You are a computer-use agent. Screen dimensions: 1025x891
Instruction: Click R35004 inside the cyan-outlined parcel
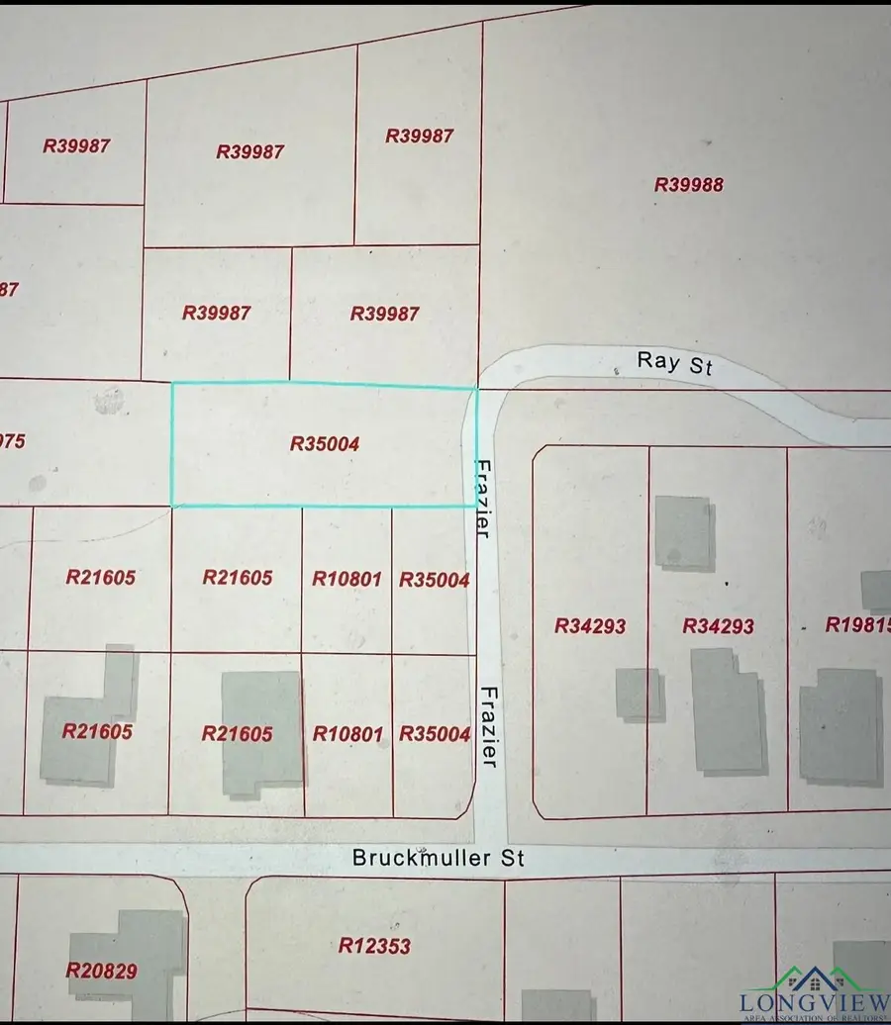325,444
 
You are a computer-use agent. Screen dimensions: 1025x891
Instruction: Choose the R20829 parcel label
102,971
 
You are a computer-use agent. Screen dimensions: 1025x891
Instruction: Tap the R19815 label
857,625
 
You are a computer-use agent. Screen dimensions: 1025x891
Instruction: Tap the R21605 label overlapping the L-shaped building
97,732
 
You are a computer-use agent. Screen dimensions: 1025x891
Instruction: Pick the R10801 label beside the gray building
346,734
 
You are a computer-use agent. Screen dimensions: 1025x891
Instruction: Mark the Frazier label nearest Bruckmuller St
489,727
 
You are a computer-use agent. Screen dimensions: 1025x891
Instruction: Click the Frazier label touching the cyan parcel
483,499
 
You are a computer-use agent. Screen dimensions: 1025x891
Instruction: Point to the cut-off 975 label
12,441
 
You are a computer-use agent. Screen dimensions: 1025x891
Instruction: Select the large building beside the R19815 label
840,727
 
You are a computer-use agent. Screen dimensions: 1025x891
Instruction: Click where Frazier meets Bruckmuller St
491,857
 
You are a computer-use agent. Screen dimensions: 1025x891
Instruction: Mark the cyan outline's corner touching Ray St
476,389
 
